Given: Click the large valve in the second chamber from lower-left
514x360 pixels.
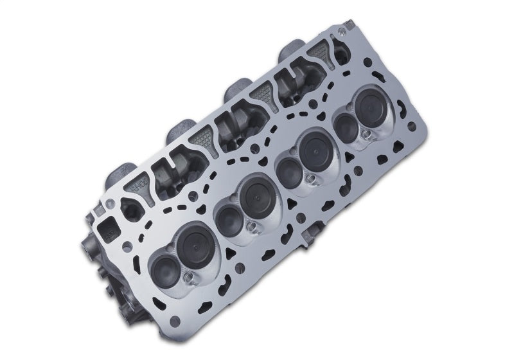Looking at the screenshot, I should coord(256,192).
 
